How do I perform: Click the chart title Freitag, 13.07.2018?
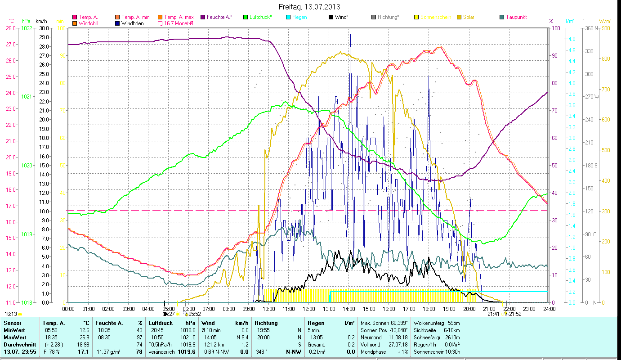[309, 7]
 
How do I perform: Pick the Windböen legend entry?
[132, 23]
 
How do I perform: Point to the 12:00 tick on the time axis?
[308, 309]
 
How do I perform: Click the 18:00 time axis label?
[429, 309]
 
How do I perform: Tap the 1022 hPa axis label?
[27, 28]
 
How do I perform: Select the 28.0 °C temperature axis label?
[10, 28]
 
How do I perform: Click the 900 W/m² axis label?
[605, 28]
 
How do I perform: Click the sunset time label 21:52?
[515, 314]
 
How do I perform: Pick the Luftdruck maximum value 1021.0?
[188, 337]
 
